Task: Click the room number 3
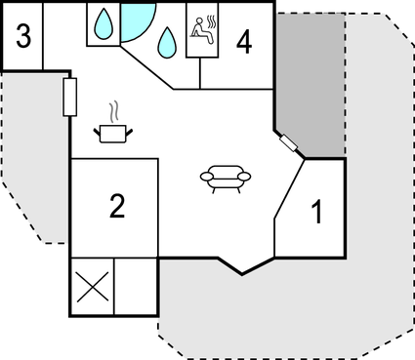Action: (23, 38)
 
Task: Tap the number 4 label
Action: (243, 42)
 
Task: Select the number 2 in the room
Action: (117, 206)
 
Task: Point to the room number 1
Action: (315, 212)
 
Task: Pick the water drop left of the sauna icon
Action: (168, 40)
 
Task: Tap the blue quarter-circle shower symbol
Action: (136, 19)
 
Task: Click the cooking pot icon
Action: (114, 132)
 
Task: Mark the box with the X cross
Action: (92, 288)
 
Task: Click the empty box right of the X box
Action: (136, 288)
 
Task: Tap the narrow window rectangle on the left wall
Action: (69, 97)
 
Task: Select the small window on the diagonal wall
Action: (289, 144)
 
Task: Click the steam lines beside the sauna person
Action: (207, 20)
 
